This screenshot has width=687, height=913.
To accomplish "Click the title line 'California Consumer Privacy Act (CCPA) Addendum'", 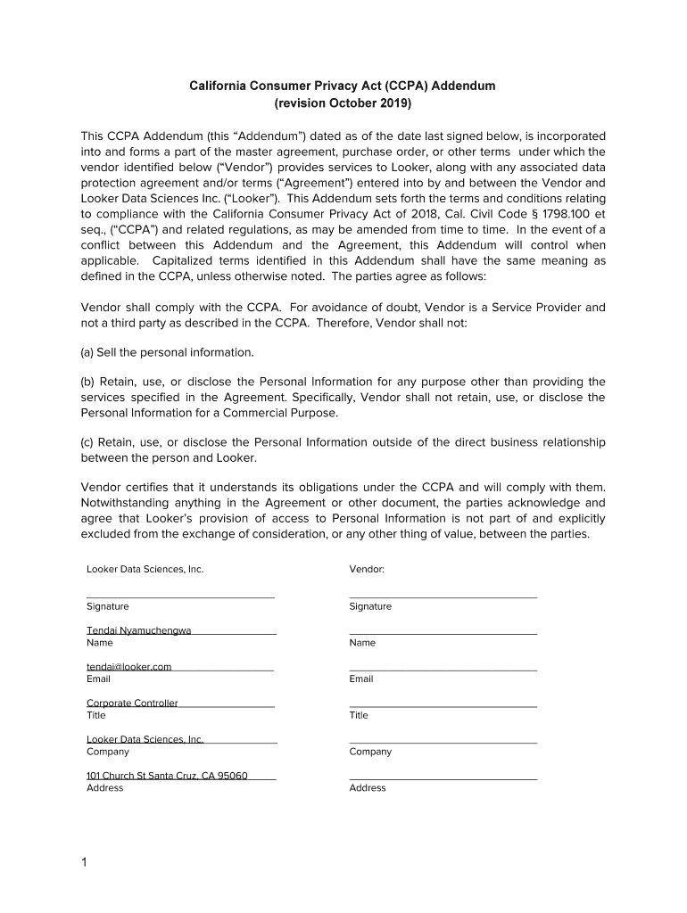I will tap(343, 86).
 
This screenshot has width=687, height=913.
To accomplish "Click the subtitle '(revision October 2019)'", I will tap(343, 103).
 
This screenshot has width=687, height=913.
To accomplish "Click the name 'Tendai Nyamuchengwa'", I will tap(138, 630).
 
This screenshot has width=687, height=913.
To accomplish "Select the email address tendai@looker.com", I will tap(128, 666).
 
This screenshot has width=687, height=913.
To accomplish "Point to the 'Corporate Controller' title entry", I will tap(132, 703).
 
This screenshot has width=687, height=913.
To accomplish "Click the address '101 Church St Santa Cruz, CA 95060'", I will tap(167, 775).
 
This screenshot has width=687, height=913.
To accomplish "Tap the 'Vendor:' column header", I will tap(367, 569).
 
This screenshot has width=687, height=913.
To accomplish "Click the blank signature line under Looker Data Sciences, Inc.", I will tap(180, 596).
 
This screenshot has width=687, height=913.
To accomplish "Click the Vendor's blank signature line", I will tap(443, 596).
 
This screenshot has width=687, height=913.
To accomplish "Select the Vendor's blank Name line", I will tap(443, 632).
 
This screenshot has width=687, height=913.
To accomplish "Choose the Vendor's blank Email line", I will tap(443, 669).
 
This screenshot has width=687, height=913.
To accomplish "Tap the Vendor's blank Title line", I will tap(443, 705).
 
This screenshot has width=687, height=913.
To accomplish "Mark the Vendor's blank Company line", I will tap(443, 742).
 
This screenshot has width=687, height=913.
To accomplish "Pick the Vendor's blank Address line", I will tap(443, 778).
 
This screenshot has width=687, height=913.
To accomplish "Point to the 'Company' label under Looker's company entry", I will tap(107, 752).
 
